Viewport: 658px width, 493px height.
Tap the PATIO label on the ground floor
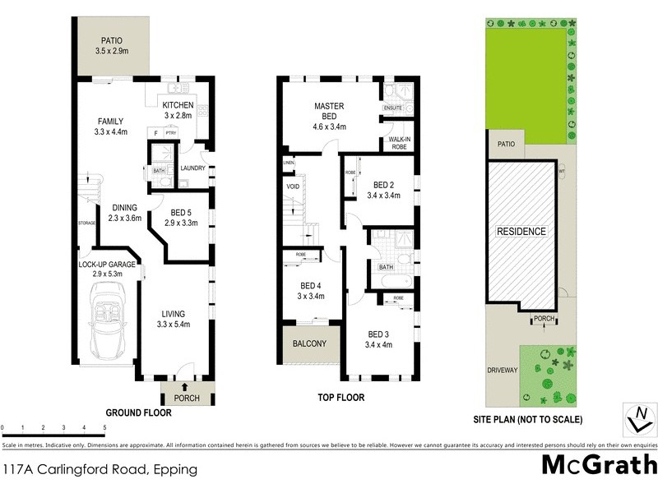pyautogui.click(x=113, y=39)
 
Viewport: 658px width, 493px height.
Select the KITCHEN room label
pyautogui.click(x=178, y=105)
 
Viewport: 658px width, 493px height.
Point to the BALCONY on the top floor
pyautogui.click(x=309, y=344)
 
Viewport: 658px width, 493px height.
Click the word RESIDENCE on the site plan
pyautogui.click(x=521, y=232)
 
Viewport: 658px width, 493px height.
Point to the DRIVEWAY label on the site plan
pyautogui.click(x=502, y=370)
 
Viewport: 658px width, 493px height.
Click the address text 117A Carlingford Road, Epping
pyautogui.click(x=100, y=470)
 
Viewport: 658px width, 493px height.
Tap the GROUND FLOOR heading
pyautogui.click(x=138, y=413)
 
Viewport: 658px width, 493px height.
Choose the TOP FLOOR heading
pyautogui.click(x=341, y=398)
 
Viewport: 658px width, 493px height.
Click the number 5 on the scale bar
pyautogui.click(x=104, y=428)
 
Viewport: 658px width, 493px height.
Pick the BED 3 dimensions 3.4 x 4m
pyautogui.click(x=379, y=345)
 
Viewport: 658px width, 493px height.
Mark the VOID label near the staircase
pyautogui.click(x=294, y=187)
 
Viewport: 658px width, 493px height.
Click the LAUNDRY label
pyautogui.click(x=192, y=168)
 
